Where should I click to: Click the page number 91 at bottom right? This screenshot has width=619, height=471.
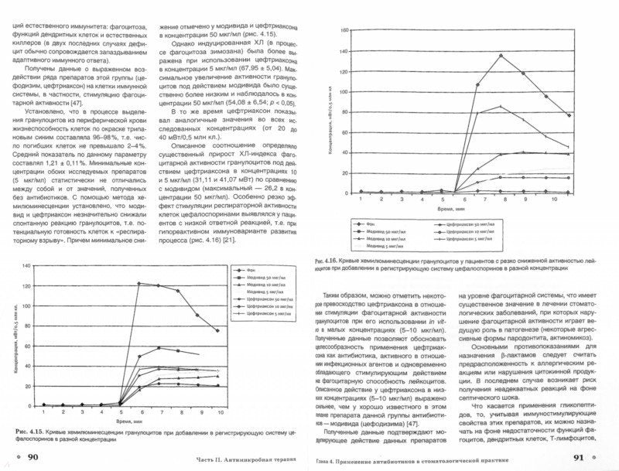click(x=590, y=457)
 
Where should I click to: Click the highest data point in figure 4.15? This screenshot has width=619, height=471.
click(x=138, y=283)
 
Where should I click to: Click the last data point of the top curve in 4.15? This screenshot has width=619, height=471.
click(x=217, y=330)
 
